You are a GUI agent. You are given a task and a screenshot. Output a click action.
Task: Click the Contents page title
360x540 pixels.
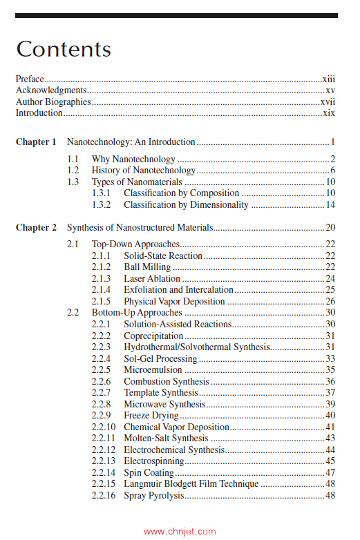pyautogui.click(x=63, y=49)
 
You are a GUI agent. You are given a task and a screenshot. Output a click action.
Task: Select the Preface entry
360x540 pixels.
pyautogui.click(x=30, y=79)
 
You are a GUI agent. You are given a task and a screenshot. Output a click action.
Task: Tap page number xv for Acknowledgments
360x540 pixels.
pyautogui.click(x=330, y=90)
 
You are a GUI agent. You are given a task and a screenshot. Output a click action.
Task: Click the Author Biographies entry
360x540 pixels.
pyautogui.click(x=53, y=102)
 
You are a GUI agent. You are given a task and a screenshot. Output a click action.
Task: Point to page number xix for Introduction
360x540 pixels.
pyautogui.click(x=329, y=113)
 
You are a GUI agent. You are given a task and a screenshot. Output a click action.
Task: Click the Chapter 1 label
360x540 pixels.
pyautogui.click(x=36, y=142)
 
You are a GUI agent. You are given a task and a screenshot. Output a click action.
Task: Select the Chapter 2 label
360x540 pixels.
pyautogui.click(x=36, y=228)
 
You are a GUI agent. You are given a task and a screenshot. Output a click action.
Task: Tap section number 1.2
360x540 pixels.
pyautogui.click(x=73, y=171)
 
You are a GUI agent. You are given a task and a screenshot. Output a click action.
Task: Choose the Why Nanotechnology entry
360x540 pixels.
pyautogui.click(x=133, y=160)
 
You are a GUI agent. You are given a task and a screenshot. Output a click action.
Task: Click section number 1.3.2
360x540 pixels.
pyautogui.click(x=102, y=205)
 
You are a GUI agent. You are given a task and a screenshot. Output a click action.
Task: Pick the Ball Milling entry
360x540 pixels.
pyautogui.click(x=147, y=267)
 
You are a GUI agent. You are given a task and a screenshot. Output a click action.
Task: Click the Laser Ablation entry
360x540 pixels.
pyautogui.click(x=152, y=279)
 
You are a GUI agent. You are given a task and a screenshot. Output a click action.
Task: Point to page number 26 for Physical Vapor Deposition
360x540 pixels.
pyautogui.click(x=330, y=302)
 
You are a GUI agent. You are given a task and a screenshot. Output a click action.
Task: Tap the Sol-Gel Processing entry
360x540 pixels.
pyautogui.click(x=160, y=359)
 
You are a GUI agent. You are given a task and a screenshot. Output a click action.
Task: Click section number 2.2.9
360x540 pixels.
pyautogui.click(x=101, y=416)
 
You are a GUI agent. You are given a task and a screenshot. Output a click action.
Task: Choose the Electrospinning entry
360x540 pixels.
pyautogui.click(x=153, y=461)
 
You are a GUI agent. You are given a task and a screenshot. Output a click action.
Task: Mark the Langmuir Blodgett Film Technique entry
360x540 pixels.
pyautogui.click(x=191, y=484)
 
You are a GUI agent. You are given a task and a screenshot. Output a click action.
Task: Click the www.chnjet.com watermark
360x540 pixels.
pyautogui.click(x=180, y=532)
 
